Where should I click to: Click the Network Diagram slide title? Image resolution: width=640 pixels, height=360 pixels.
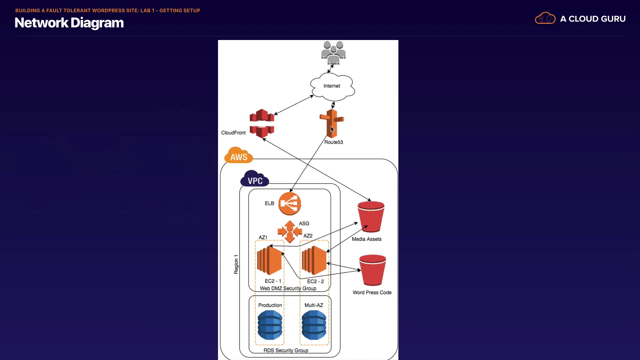pos(69,23)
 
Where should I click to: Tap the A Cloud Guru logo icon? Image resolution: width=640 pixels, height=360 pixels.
pos(545,18)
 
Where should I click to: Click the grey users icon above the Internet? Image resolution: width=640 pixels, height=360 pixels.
pos(333,53)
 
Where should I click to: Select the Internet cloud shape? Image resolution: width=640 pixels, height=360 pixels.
pos(332,86)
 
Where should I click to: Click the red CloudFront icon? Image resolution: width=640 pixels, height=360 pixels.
pos(262,123)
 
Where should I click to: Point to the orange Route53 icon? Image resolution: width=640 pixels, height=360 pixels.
pos(332,123)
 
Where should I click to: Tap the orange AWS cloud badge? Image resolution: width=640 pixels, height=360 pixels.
pos(239,156)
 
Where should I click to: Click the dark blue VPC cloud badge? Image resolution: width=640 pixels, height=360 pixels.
pos(255,179)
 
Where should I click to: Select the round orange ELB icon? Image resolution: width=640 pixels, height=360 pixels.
pos(290,203)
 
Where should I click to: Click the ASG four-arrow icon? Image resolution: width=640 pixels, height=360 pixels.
pos(290,231)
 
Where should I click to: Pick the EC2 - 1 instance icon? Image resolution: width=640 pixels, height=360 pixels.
pos(270,260)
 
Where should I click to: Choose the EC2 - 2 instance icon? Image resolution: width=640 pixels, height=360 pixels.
pos(314,260)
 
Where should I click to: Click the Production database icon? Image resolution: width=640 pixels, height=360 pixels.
pos(270,325)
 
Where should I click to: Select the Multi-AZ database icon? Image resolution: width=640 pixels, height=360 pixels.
pos(314,325)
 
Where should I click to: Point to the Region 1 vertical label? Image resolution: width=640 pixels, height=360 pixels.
pos(236,264)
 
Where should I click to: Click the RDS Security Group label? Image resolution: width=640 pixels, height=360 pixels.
pos(286,350)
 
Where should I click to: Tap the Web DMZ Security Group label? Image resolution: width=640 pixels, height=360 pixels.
pos(288,288)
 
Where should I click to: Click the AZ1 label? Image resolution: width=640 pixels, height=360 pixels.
pos(263,237)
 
